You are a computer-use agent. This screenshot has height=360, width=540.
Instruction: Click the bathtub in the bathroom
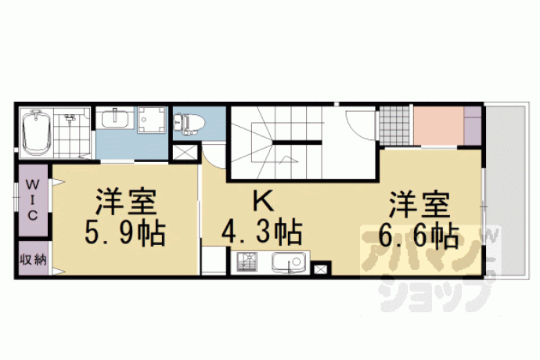[x=37, y=132]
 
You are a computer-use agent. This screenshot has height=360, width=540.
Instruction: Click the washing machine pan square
[x=152, y=120]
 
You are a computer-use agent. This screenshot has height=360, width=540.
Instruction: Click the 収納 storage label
[x=33, y=259]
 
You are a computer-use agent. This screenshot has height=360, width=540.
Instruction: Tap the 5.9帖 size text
[x=125, y=232]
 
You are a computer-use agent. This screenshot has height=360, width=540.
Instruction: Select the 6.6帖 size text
[x=419, y=236]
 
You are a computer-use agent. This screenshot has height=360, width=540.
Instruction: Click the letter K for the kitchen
[x=263, y=201]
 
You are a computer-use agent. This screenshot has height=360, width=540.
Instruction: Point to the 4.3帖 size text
[x=261, y=232]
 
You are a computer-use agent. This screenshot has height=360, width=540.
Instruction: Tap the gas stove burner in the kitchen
[x=247, y=262]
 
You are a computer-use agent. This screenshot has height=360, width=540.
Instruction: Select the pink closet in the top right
[x=438, y=126]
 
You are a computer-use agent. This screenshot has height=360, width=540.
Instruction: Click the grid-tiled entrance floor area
[x=394, y=126]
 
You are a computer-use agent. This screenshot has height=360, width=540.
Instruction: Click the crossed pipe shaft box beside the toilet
[x=185, y=153]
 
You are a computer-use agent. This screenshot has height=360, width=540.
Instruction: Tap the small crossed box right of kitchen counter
[x=320, y=268]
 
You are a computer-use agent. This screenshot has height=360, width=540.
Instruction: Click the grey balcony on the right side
[x=506, y=190]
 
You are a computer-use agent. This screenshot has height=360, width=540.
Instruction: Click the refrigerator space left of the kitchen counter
[x=214, y=260]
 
